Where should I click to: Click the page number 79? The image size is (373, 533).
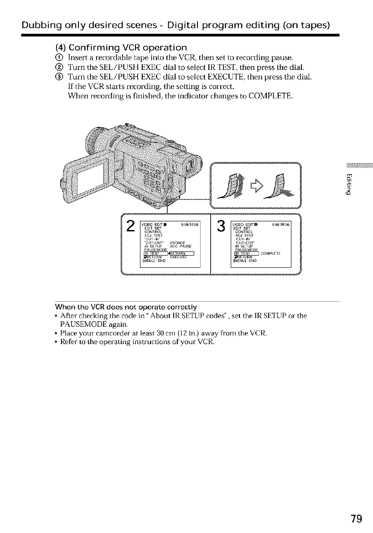[x=357, y=518]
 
